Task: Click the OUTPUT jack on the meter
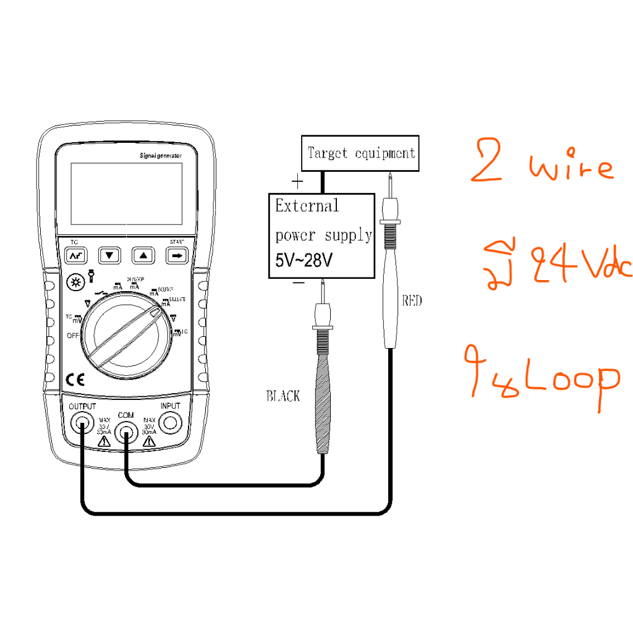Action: click(81, 424)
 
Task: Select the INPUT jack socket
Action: click(171, 423)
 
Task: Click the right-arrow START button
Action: click(177, 255)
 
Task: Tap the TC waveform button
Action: click(75, 255)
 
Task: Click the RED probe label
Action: click(412, 301)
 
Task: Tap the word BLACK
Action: click(283, 396)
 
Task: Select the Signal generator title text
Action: click(161, 157)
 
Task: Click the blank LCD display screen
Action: click(126, 194)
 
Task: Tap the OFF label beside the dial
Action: click(74, 336)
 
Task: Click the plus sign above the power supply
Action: click(298, 182)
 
